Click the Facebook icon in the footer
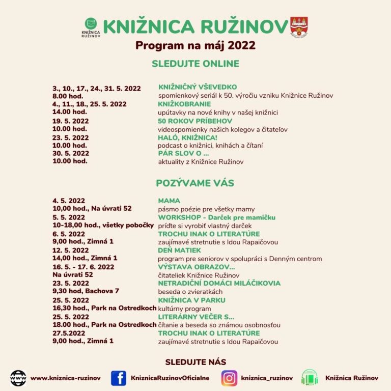[118, 378]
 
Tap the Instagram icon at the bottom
[230, 378]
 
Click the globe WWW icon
[18, 378]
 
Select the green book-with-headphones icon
[310, 378]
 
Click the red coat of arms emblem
[299, 27]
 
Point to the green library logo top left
[91, 26]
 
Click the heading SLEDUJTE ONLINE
[195, 64]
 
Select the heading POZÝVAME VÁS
[195, 183]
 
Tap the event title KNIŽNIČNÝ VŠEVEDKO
[198, 87]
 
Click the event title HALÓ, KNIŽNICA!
[188, 137]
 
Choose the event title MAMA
[169, 201]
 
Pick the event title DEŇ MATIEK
[180, 250]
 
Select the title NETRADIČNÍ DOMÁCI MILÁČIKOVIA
[219, 283]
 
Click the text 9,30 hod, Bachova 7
[86, 291]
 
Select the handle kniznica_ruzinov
[267, 378]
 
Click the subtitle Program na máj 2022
[195, 45]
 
